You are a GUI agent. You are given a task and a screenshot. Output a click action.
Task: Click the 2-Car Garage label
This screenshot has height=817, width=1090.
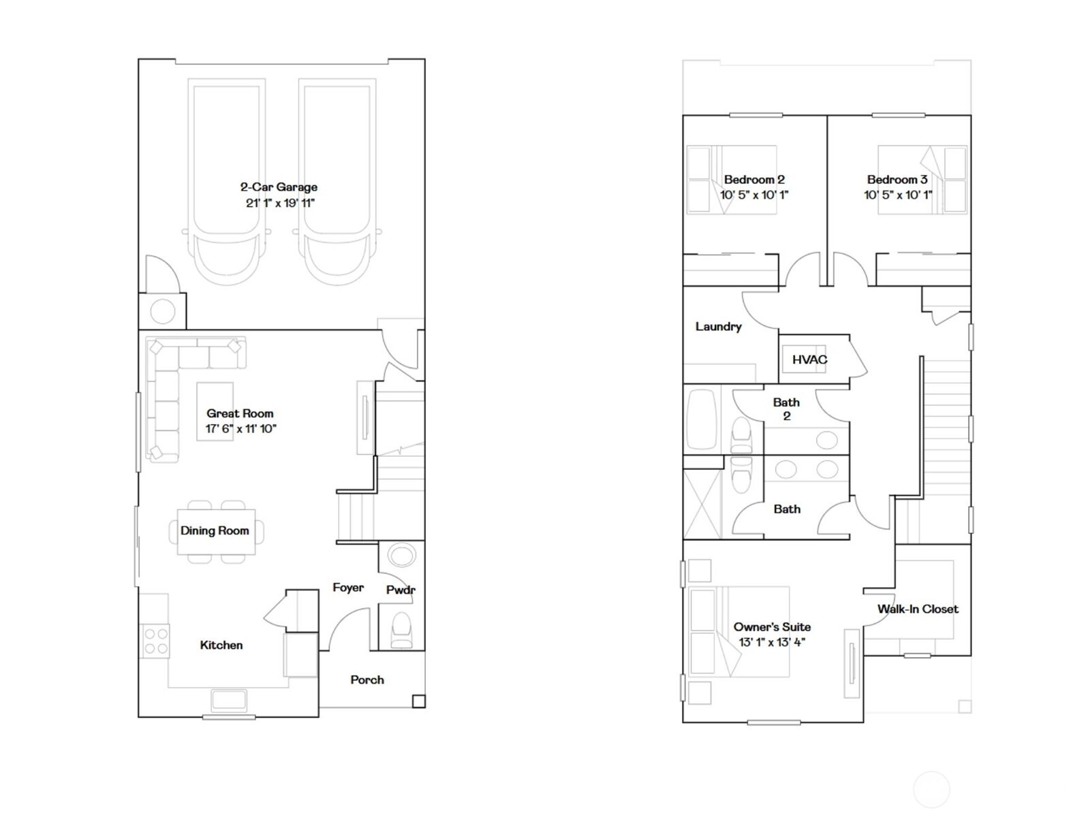point(279,187)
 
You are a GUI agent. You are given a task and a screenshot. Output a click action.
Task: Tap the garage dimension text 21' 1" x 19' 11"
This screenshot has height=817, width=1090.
point(280,203)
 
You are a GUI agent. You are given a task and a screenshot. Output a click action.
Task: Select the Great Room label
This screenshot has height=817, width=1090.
point(240,413)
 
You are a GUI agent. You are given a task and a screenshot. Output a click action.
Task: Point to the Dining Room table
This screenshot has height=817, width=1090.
point(216,532)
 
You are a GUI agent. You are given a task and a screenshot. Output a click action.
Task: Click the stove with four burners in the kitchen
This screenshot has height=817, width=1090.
point(155,641)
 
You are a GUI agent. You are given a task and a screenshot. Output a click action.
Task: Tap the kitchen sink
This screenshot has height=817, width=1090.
point(229,700)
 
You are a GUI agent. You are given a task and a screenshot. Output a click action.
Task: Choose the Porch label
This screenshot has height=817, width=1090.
point(367,679)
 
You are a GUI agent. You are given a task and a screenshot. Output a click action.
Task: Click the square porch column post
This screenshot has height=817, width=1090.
point(418,701)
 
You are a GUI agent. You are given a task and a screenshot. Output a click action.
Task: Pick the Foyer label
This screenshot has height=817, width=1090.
point(348,588)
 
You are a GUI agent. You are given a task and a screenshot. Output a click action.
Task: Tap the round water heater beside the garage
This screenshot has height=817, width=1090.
point(162,312)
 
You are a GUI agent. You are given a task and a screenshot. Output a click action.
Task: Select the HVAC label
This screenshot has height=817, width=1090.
point(809,359)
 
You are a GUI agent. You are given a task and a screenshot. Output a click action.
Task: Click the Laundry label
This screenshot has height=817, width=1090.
point(718,326)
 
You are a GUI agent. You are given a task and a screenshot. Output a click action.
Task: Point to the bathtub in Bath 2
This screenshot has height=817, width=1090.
point(701,419)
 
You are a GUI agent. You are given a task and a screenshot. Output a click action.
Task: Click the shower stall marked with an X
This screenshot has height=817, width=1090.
point(702,504)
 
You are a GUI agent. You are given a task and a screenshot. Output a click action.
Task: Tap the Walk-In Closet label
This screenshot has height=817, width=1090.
point(918,609)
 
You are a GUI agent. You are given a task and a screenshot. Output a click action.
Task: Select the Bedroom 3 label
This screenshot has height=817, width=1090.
point(897,179)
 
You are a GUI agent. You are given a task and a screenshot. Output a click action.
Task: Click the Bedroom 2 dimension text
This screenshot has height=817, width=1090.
point(754,195)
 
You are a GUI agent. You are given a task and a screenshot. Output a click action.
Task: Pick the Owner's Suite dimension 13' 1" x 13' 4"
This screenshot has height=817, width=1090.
point(772,642)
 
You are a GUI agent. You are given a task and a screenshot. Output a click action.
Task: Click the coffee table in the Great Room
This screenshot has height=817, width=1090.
point(215,411)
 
